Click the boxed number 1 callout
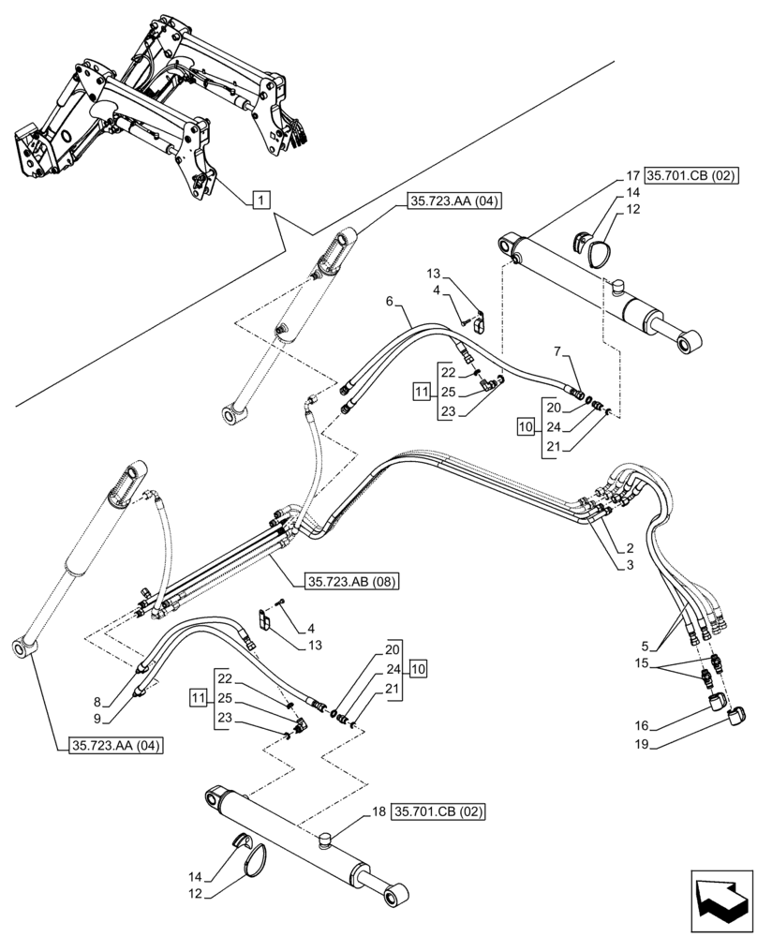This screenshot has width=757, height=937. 261,199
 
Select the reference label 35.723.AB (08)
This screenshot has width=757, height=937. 351,582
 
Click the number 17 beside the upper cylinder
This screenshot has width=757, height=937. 633,174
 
